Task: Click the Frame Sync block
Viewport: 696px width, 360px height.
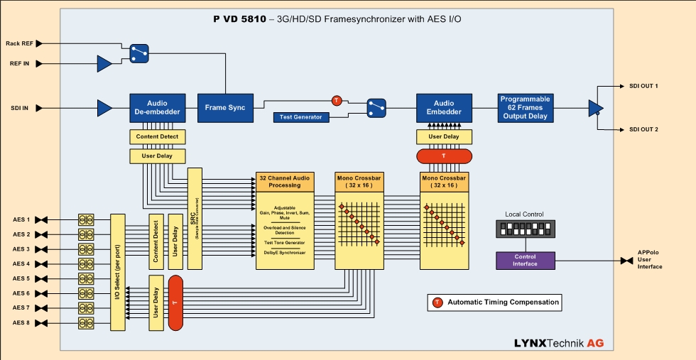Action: (225, 108)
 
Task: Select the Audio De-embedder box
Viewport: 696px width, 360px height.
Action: (157, 108)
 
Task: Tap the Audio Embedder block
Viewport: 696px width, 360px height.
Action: (444, 108)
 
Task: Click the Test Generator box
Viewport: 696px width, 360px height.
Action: (301, 117)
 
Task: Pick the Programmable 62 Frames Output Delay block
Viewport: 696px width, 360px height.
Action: (526, 108)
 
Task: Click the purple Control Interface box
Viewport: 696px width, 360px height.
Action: (525, 261)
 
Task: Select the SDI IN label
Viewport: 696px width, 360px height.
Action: (20, 108)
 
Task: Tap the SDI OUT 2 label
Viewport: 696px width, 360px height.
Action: (643, 129)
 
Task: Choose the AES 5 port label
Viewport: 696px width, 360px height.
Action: (21, 278)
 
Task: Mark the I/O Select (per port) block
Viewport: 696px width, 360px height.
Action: (118, 272)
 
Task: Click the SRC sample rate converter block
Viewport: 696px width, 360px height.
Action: (194, 218)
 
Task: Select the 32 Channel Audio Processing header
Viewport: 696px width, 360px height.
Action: (284, 181)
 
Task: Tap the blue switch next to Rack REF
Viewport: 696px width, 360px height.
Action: (139, 51)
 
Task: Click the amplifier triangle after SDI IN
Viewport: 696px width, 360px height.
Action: (104, 108)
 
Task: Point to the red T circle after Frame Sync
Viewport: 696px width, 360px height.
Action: (337, 100)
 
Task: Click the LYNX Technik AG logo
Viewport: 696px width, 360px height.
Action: (559, 343)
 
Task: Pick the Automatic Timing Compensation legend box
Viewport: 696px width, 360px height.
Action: (494, 302)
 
